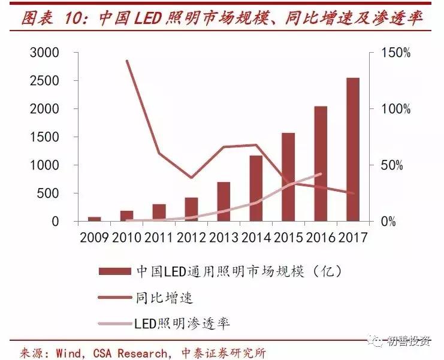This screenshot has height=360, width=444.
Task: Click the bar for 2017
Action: (353, 150)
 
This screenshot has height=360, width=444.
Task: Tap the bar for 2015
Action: (288, 177)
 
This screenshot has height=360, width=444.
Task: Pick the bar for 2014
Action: (256, 189)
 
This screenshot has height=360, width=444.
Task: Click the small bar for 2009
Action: (94, 219)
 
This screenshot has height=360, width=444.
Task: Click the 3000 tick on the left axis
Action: (44, 53)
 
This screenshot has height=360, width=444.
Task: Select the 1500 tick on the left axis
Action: (44, 137)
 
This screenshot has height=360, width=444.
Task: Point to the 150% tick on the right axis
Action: (397, 53)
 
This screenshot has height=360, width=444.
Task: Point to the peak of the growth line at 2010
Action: (127, 60)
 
